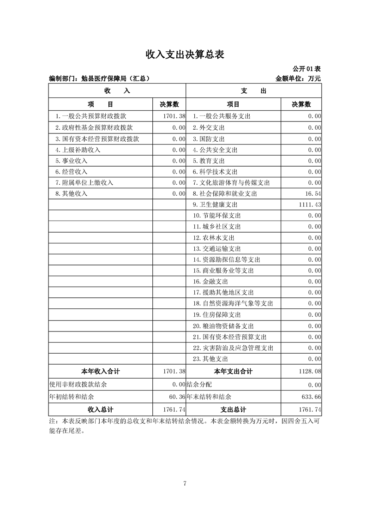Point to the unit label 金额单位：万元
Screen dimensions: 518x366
pos(298,79)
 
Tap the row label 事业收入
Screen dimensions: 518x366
pos(71,161)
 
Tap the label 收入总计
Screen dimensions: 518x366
pos(101,410)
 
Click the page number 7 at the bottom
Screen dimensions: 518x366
pos(185,484)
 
